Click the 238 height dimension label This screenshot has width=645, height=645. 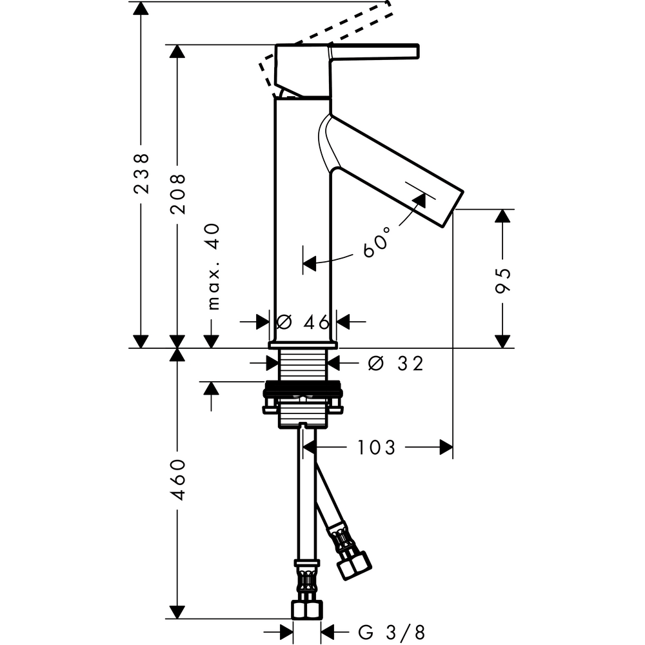coord(141,173)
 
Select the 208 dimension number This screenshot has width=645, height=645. coord(178,193)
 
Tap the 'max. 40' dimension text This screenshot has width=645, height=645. coord(213,266)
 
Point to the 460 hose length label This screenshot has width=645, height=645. coord(178,480)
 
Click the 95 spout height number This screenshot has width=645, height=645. coord(502,281)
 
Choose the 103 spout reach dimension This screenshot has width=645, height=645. coord(376,448)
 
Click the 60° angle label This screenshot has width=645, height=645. coord(377,244)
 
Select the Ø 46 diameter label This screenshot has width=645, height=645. coord(303,322)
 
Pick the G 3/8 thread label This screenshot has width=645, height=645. coord(392,632)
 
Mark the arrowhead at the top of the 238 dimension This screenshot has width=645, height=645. coord(141,8)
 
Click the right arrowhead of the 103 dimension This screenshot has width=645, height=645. coord(446,448)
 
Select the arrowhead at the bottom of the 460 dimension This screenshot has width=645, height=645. coord(177,612)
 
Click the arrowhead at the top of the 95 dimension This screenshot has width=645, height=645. coord(502,216)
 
